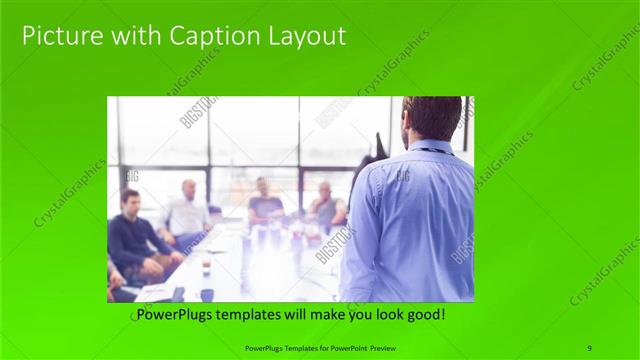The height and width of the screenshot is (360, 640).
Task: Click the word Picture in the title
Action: (59, 37)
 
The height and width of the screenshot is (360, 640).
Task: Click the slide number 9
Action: (590, 347)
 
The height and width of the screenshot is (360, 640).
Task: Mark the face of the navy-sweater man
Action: (130, 203)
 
